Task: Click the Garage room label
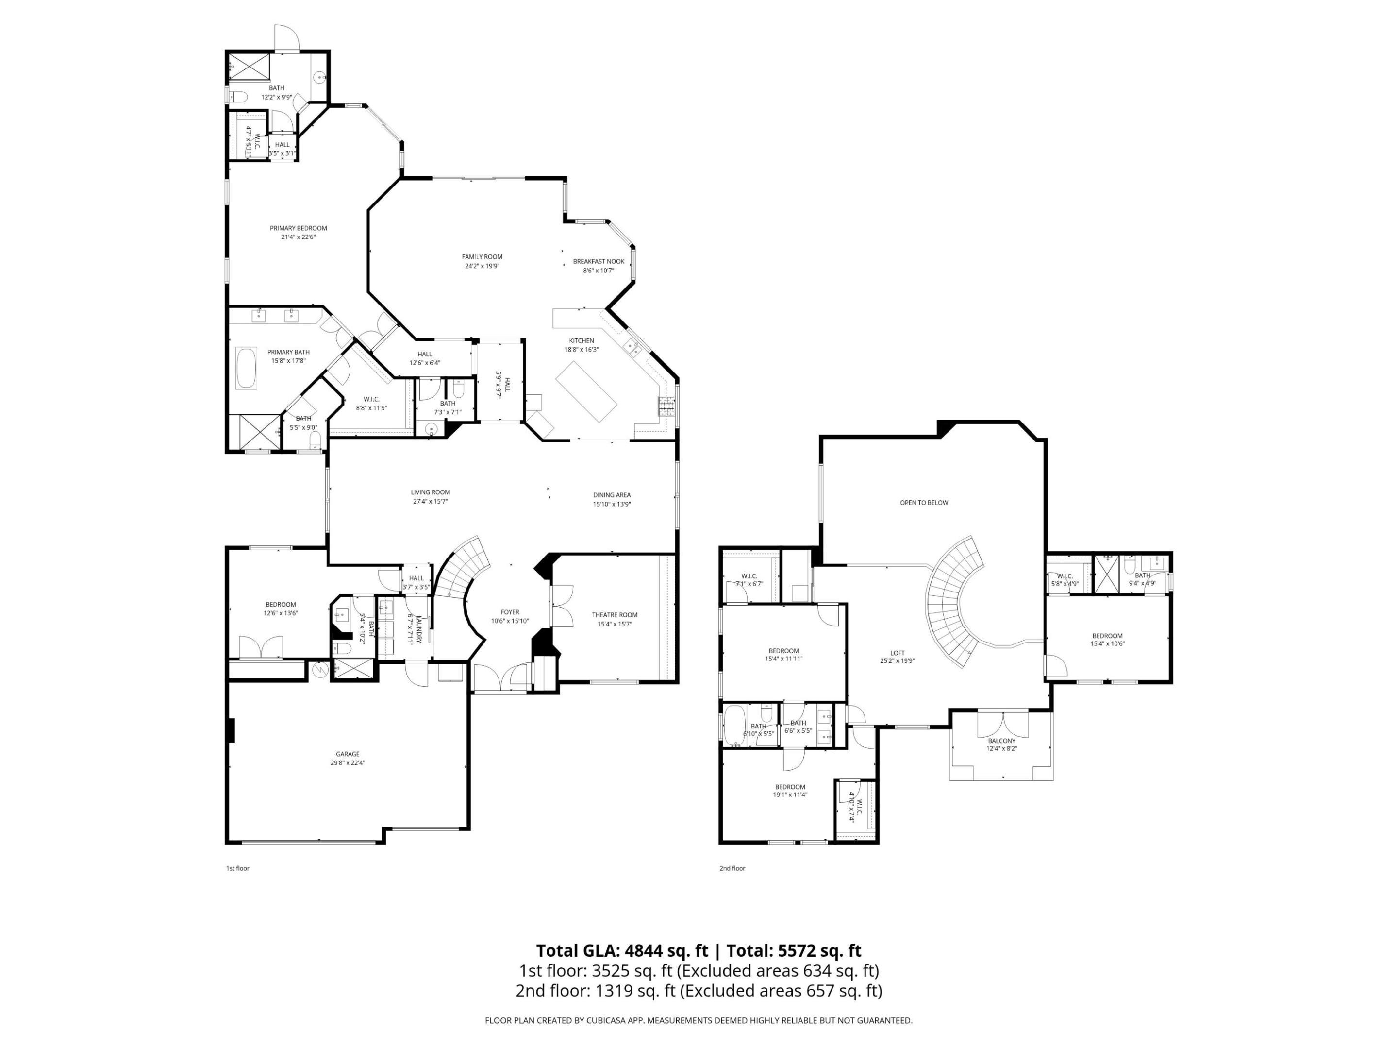coord(347,754)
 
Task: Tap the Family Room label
coord(482,257)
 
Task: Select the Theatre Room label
coord(615,615)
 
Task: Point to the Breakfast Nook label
coord(598,261)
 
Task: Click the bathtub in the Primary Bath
coord(246,368)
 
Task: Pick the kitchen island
coord(586,391)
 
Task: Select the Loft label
coord(897,653)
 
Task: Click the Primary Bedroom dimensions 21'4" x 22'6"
coord(299,237)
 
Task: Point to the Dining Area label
coord(611,495)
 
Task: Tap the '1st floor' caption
coord(238,868)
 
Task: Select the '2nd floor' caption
coord(732,868)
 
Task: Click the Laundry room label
coord(418,628)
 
